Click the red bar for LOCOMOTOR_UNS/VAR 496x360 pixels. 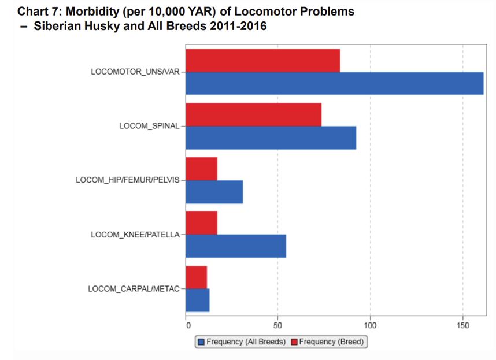(x=262, y=61)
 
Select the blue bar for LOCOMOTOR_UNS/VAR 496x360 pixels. (x=334, y=84)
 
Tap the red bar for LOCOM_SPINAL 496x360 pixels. (x=253, y=114)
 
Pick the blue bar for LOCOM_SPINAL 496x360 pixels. (x=271, y=138)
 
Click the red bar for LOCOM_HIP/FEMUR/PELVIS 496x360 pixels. (x=201, y=169)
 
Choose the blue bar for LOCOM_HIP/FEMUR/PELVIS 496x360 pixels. (x=214, y=192)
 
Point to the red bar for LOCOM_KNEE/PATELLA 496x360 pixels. (x=201, y=223)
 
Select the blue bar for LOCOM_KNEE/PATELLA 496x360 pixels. (x=235, y=246)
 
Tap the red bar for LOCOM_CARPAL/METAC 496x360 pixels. (x=196, y=277)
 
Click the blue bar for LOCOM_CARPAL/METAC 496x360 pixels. (x=197, y=300)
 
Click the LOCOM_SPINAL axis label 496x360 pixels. (x=149, y=126)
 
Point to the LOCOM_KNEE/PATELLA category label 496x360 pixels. (x=135, y=235)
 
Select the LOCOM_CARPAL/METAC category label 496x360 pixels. (x=134, y=288)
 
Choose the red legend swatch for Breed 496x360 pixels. (x=294, y=342)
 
